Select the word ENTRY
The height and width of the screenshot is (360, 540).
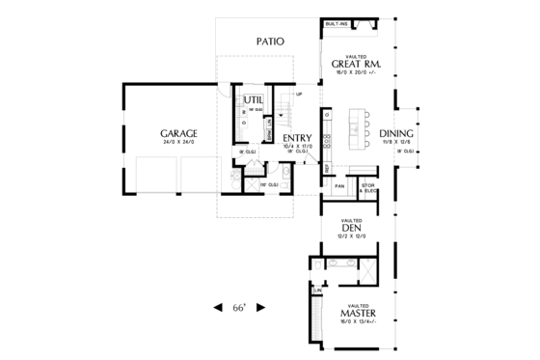(x=297, y=138)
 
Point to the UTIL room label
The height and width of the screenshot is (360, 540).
(x=253, y=99)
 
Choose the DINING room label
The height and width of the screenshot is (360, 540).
(x=396, y=133)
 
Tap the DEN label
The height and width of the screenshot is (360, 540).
(x=351, y=229)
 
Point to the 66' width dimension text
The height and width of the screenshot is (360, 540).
(x=240, y=308)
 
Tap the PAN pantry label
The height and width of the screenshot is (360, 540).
(x=339, y=185)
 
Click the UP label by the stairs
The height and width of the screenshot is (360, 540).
(x=300, y=94)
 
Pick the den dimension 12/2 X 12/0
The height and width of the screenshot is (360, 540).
(x=351, y=237)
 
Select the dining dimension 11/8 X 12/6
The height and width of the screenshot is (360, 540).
(x=396, y=143)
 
